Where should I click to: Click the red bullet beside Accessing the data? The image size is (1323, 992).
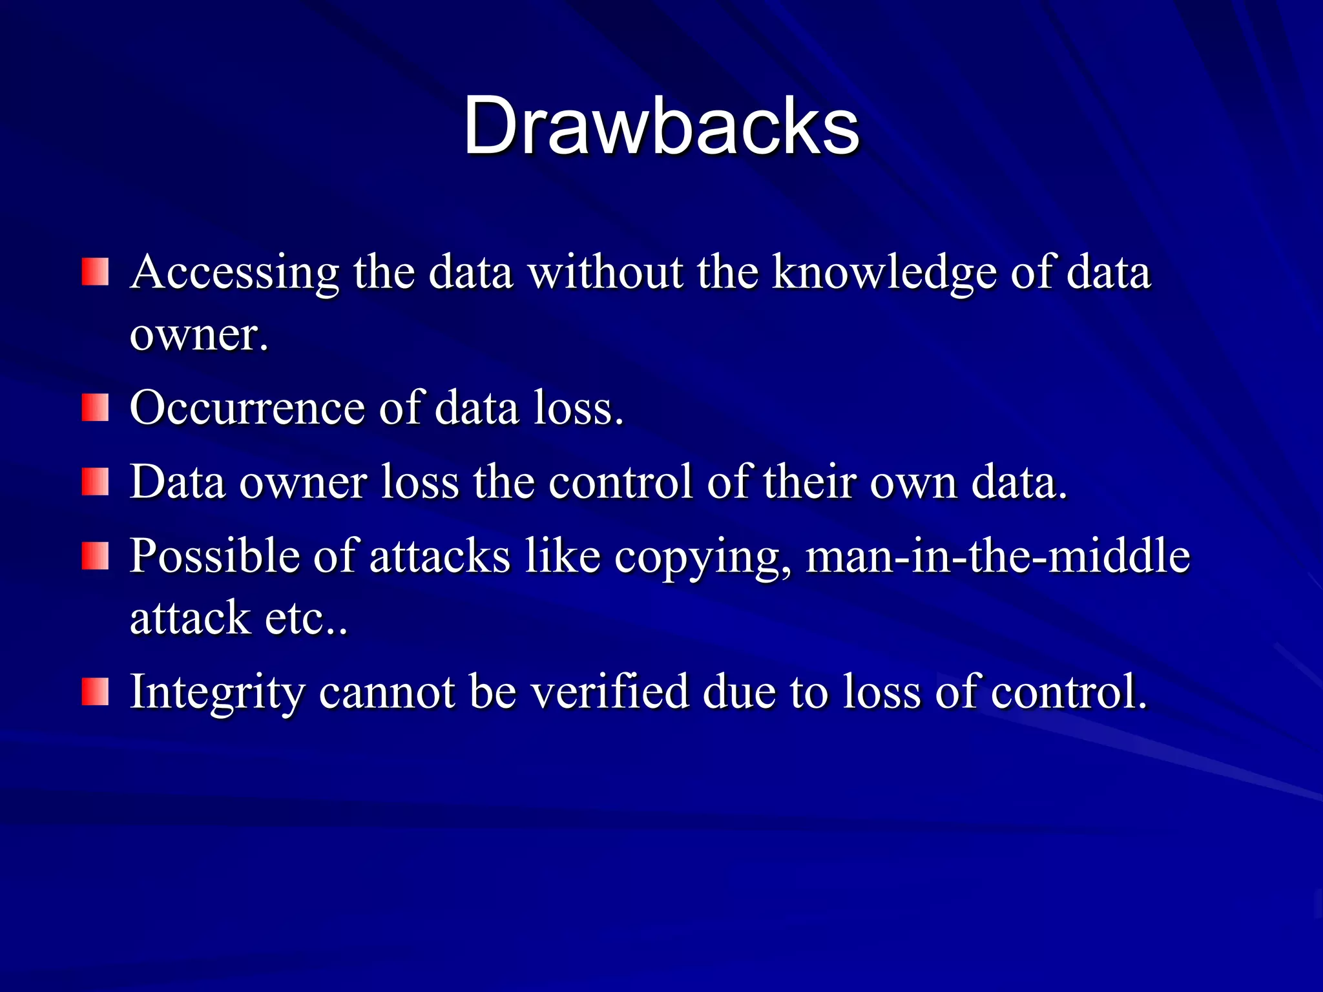pos(95,272)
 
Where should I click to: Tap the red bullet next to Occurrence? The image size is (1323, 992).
pos(95,408)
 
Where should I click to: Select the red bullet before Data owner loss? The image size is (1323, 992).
pos(95,482)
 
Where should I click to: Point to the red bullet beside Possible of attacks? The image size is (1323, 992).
pos(95,556)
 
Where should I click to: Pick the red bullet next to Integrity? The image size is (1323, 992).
pos(95,692)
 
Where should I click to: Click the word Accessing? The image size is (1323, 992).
pos(234,273)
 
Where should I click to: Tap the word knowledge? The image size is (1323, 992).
pos(884,273)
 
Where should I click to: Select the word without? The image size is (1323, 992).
pos(605,272)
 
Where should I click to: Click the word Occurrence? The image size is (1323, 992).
pos(247,408)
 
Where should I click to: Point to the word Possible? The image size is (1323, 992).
pos(214,556)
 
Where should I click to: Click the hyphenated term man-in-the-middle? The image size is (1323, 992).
pos(998,556)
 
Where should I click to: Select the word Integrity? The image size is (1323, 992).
pos(217,693)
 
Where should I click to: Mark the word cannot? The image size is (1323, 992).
pos(386,693)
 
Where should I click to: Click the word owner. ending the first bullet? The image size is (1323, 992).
pos(198,336)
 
